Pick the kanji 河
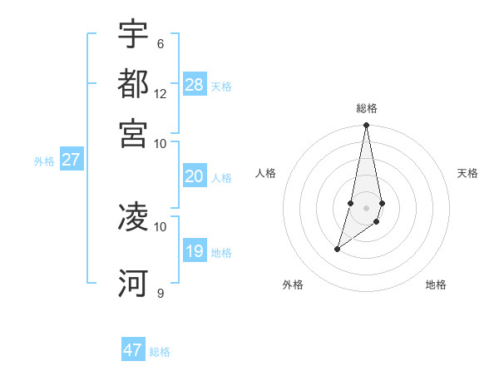coord(133,284)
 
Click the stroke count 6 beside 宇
coord(160,43)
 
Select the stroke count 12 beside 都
coord(161,93)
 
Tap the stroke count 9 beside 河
coord(160,293)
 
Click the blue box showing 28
coord(195,84)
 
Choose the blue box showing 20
coord(195,176)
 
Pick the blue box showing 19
coord(195,251)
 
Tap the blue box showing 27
coord(71,160)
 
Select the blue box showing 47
coord(133,350)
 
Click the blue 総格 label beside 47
coord(160,352)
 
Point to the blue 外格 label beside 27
coord(44,161)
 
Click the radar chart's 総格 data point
coord(366,126)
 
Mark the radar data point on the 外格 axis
coord(337,249)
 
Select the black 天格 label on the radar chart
coord(467,173)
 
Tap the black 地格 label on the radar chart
coord(436,285)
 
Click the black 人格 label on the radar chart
coord(266,173)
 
